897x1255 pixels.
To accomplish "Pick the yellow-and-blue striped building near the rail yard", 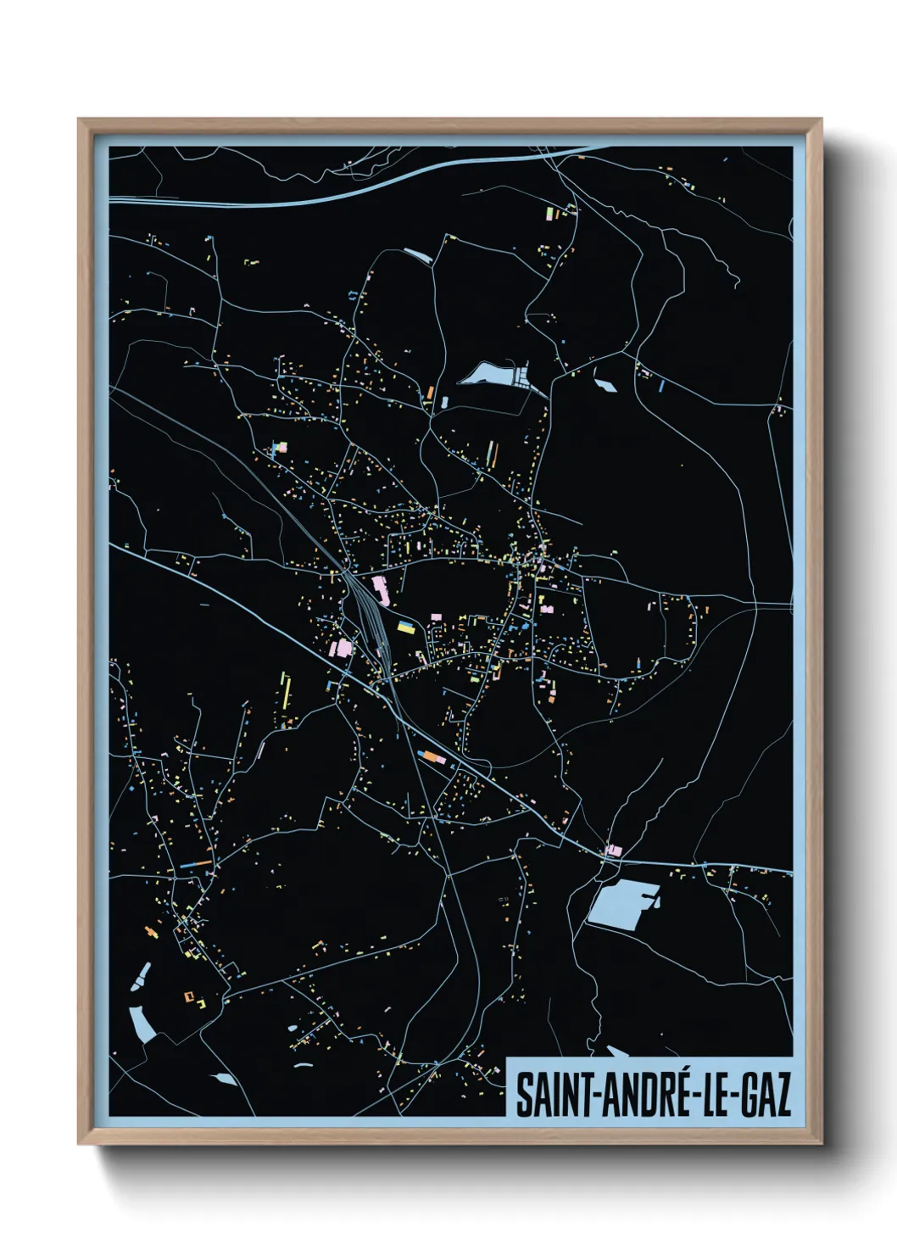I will (406, 627).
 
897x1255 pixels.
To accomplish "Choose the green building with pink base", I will (552, 211).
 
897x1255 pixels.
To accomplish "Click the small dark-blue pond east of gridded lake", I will (605, 385).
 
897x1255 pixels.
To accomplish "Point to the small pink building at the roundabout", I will (614, 850).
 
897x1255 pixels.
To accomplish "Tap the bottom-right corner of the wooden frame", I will (820, 1144).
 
